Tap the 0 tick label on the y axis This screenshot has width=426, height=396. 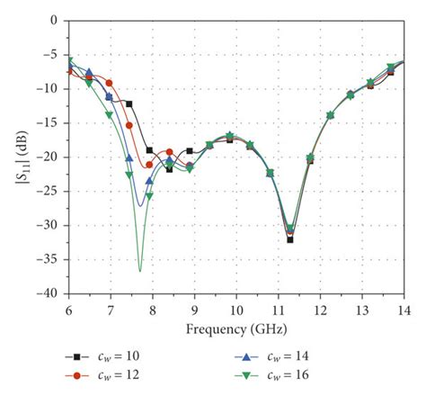click(x=55, y=19)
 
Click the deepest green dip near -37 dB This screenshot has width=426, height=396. click(x=139, y=270)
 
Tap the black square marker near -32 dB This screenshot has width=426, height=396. click(x=290, y=239)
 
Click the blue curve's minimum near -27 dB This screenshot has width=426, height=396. click(x=139, y=206)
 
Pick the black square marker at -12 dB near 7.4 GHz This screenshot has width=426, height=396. click(x=129, y=104)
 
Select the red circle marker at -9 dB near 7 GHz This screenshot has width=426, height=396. click(x=110, y=83)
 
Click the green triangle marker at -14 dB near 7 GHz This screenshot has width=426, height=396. click(x=110, y=115)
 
